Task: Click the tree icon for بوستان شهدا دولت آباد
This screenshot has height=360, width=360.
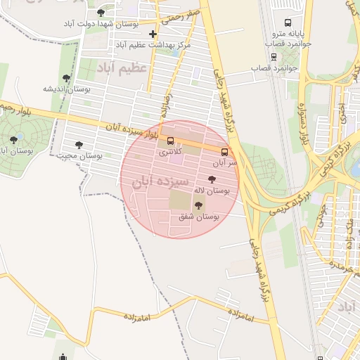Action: (101, 12)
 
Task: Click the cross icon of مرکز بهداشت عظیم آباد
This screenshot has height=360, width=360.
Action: (153, 34)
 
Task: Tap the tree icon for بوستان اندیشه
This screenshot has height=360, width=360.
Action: (66, 79)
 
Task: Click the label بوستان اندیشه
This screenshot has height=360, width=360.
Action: (67, 89)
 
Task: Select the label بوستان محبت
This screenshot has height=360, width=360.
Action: (80, 155)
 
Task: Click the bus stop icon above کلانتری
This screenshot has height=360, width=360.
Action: (170, 140)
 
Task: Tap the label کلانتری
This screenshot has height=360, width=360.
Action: (170, 151)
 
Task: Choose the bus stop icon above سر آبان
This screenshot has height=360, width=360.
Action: (225, 151)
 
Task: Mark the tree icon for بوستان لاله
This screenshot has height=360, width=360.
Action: (212, 179)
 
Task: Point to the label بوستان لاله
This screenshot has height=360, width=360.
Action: (214, 191)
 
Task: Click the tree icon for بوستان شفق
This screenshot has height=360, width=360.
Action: (198, 206)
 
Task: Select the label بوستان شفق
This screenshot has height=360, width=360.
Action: (198, 217)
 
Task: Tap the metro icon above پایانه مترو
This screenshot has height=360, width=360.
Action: (287, 23)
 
